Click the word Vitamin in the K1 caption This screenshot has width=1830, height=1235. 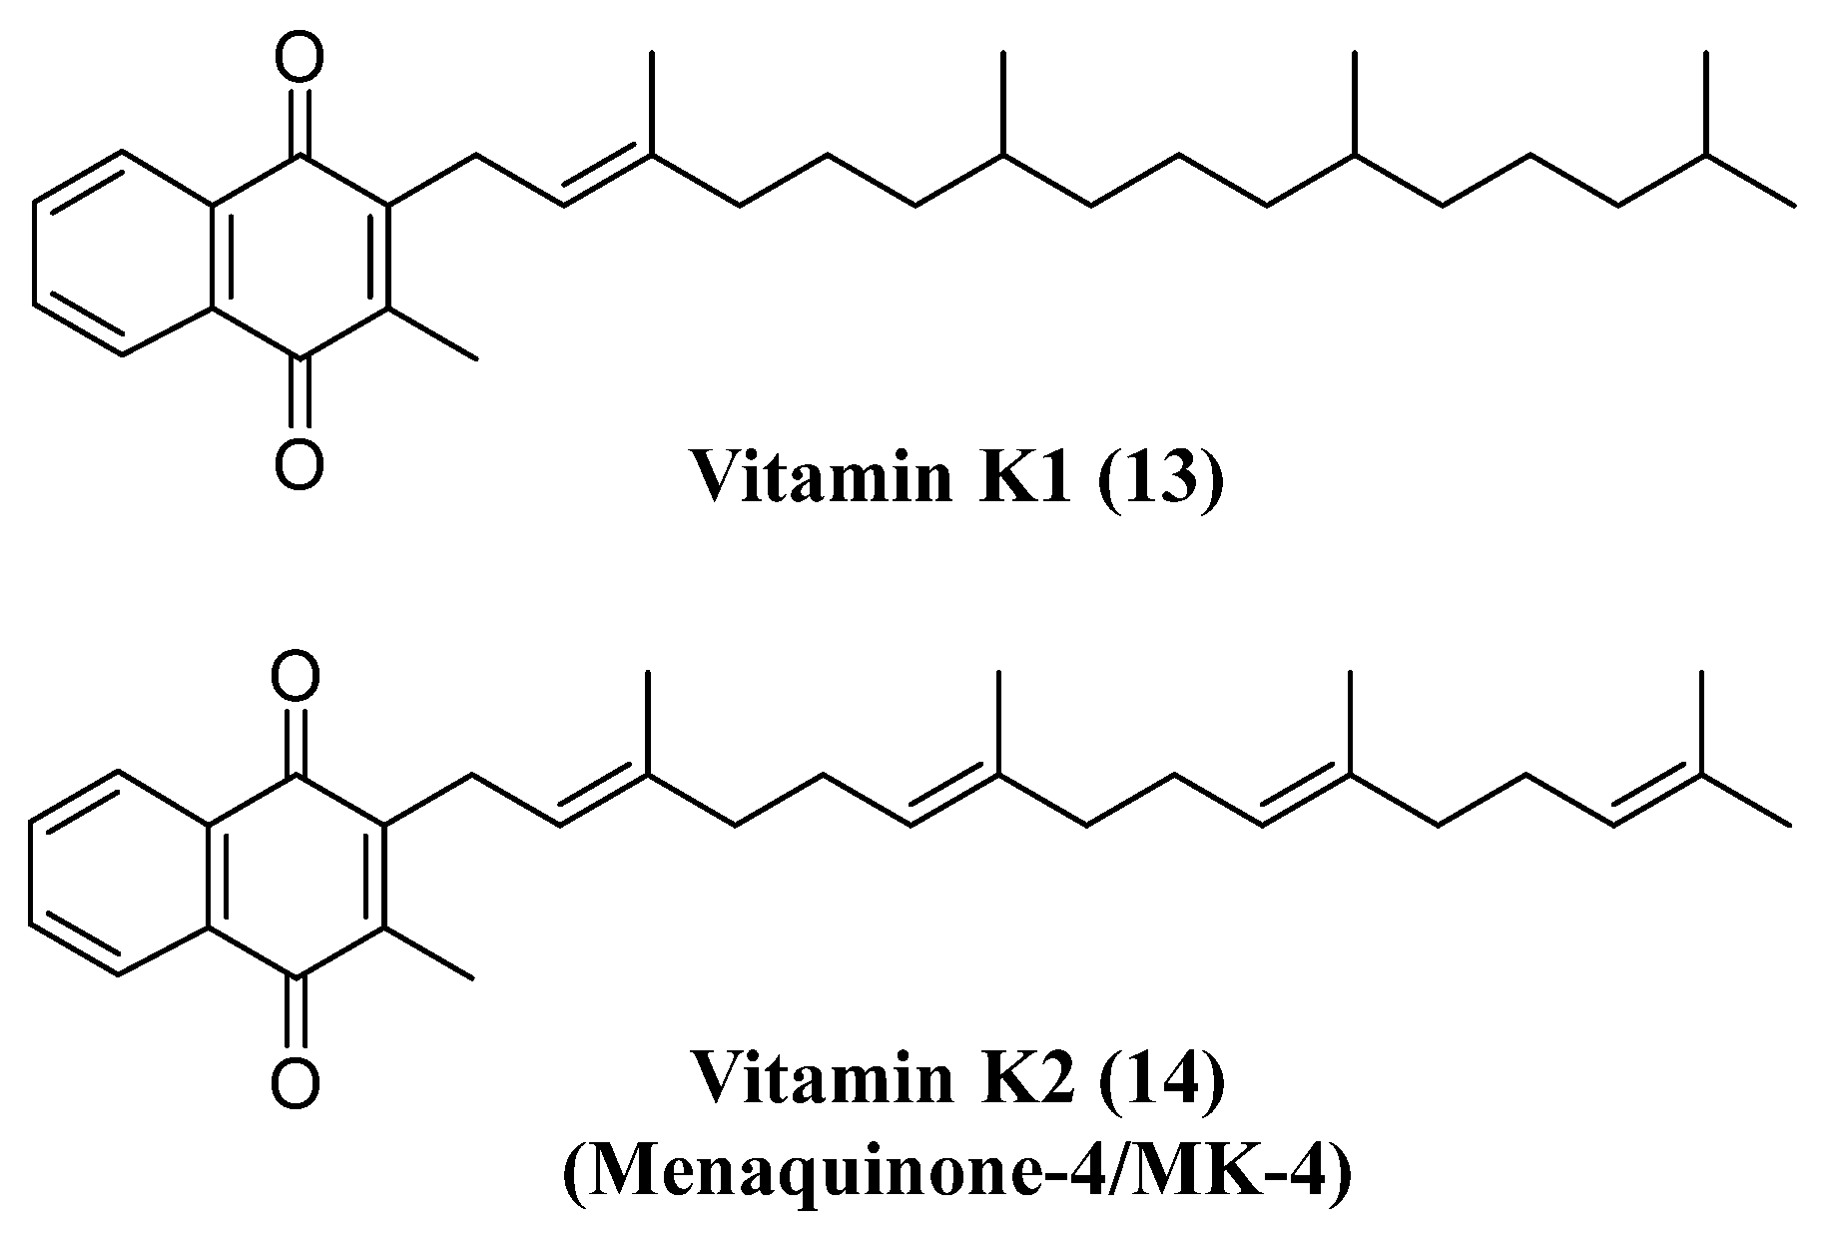(x=819, y=477)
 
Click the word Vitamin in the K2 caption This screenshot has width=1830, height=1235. (x=819, y=1082)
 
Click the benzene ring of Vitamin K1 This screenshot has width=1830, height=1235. (x=122, y=254)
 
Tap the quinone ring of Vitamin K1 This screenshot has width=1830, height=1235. (x=299, y=254)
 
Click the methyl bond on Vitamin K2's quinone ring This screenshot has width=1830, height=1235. (x=428, y=952)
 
